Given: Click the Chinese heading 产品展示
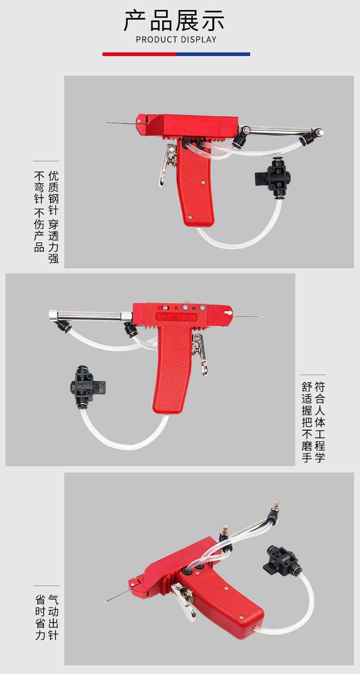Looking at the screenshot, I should point(175,21).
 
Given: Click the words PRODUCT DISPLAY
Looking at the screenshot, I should point(176,40).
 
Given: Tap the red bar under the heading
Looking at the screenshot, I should point(139,54).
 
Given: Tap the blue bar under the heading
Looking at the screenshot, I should point(213,54).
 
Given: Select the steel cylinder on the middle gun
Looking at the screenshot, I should point(87,316).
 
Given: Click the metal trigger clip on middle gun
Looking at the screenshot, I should point(200,353).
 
